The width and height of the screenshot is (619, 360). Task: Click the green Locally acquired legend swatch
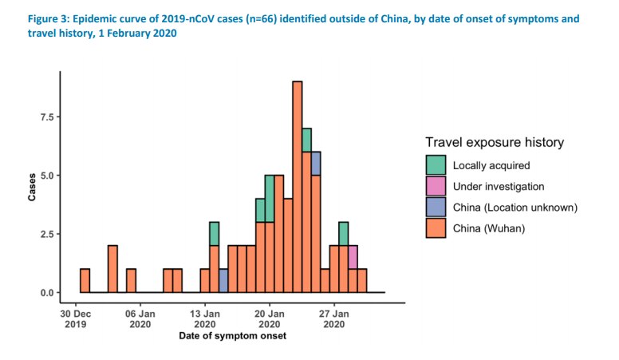pos(436,165)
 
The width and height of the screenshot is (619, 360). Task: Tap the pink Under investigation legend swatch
pos(436,186)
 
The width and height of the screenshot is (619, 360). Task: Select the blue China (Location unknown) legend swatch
pos(436,207)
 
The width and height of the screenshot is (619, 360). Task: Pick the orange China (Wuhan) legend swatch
pos(436,227)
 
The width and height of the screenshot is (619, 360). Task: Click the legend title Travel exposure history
pos(495,142)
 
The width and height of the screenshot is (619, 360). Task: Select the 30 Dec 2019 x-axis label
pos(76,319)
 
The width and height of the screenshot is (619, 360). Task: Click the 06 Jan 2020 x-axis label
pos(140,319)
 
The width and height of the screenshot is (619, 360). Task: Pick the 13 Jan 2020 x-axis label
pos(205,319)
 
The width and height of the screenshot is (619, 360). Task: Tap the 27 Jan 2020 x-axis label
pos(334,319)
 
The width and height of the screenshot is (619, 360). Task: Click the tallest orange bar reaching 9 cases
pos(297,187)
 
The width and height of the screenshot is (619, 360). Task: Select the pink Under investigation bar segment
pos(353,257)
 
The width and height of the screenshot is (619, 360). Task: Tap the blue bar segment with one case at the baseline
pos(223,281)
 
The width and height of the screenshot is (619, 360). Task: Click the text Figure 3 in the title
pos(35,18)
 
